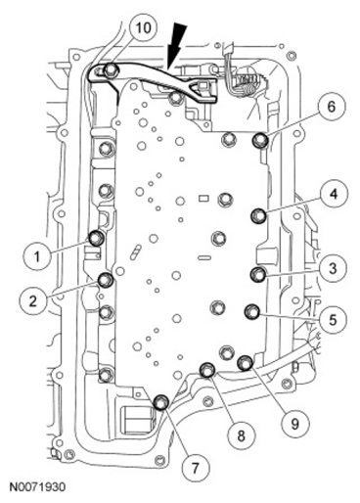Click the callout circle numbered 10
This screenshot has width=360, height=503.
143,27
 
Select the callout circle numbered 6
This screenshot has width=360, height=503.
331,107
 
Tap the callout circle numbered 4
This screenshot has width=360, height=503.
334,194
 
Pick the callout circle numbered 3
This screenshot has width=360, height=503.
333,268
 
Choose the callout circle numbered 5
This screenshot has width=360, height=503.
333,319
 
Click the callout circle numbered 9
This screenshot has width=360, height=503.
295,424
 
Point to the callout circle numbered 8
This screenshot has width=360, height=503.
241,435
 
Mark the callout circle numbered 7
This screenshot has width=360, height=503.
195,469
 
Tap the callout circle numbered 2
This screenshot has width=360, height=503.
33,300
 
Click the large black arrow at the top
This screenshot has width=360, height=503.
176,45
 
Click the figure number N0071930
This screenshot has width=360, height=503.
37,487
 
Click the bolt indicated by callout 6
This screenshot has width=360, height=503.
261,140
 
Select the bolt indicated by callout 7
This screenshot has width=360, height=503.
161,402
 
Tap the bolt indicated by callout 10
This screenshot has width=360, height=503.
111,69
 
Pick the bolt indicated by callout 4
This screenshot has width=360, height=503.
259,215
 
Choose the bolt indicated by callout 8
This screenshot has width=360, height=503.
207,370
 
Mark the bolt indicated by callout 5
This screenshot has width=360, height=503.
252,312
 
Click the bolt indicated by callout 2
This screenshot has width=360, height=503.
106,280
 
